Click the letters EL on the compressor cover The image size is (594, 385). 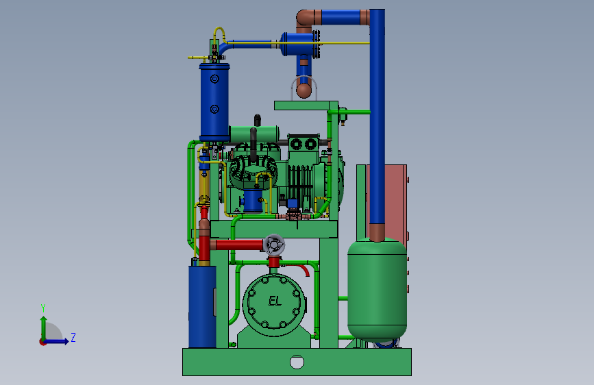(x=275, y=301)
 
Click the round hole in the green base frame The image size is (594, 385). (x=297, y=362)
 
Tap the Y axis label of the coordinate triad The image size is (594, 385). (x=43, y=308)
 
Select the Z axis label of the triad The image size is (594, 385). (x=73, y=337)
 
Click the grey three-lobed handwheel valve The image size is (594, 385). (x=273, y=245)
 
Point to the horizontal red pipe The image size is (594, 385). (x=237, y=245)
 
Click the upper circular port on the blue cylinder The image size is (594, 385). (x=214, y=79)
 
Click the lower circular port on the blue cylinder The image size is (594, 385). (x=214, y=110)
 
